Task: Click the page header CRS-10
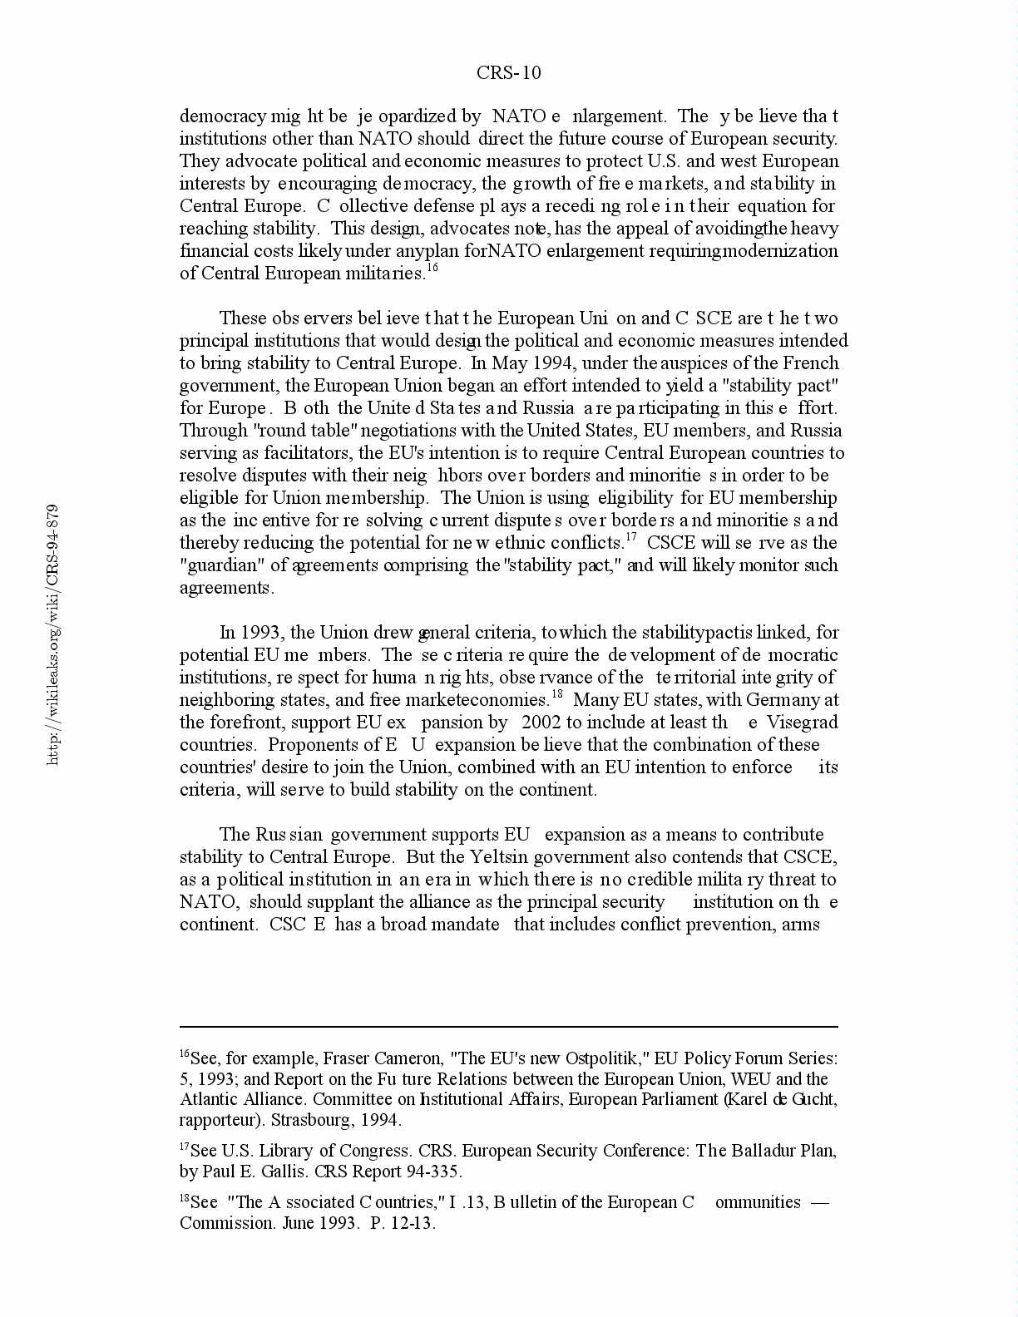tap(508, 73)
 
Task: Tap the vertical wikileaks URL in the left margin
tap(52, 634)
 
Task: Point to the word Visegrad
tap(802, 723)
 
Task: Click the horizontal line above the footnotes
tap(508, 1028)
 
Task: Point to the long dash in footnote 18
tap(818, 1203)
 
